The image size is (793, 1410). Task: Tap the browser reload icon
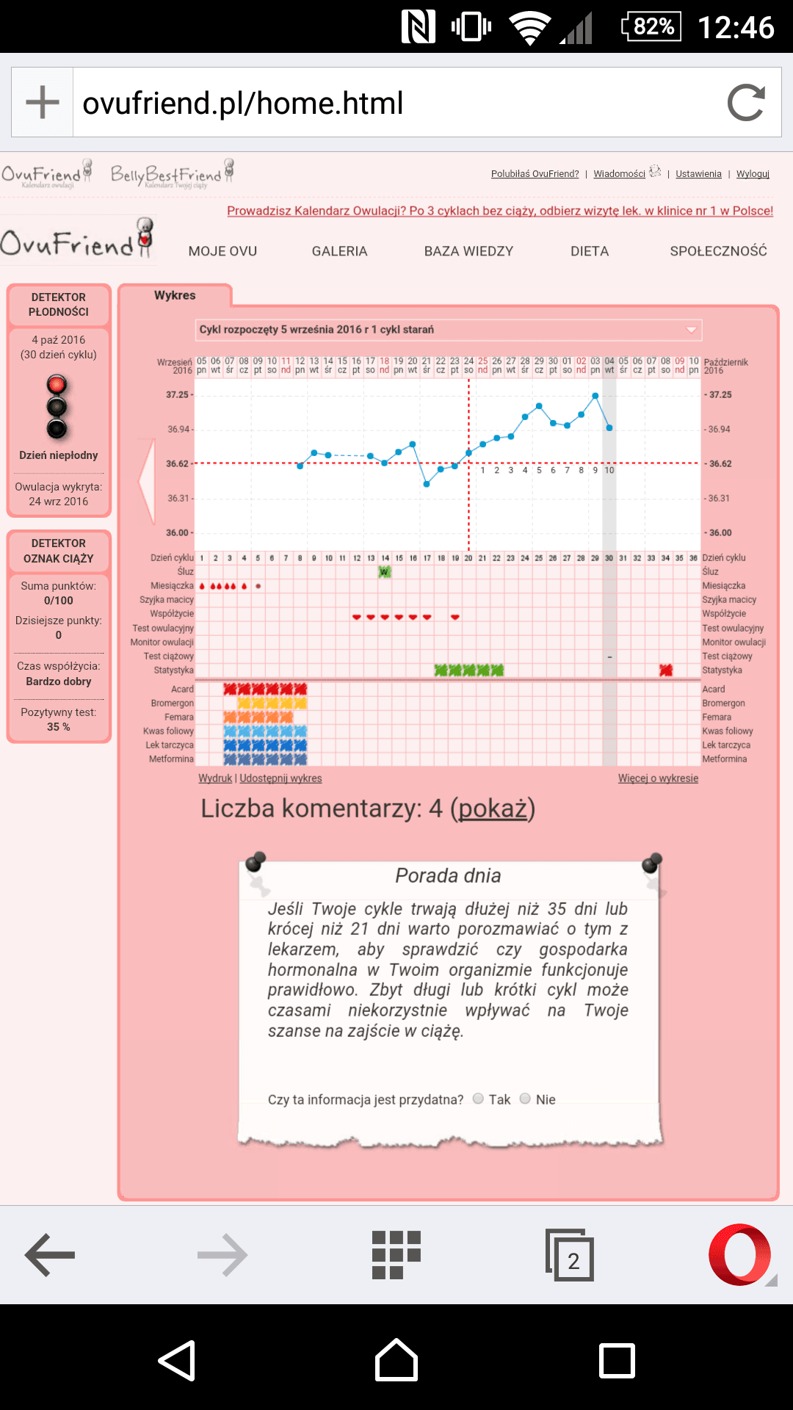point(746,103)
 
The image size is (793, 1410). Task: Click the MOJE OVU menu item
point(222,251)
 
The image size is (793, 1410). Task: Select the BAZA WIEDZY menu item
point(468,251)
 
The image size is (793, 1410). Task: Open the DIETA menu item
point(590,251)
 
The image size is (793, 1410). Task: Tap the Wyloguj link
point(753,174)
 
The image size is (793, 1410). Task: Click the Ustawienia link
point(698,174)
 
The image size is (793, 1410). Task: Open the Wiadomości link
point(619,174)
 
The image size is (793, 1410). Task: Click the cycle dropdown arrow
point(691,330)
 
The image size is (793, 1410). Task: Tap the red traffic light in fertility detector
point(57,385)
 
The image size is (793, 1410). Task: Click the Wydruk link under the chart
point(214,778)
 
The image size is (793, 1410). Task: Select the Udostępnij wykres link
point(280,778)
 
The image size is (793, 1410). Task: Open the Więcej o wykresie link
point(658,778)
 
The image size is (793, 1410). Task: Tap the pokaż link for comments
point(493,809)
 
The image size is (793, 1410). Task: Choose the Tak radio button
point(478,1099)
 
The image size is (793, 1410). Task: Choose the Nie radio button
point(525,1099)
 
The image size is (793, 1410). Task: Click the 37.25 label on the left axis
point(177,394)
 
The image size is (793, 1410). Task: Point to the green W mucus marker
point(385,571)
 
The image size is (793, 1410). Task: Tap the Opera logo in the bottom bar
point(739,1254)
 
